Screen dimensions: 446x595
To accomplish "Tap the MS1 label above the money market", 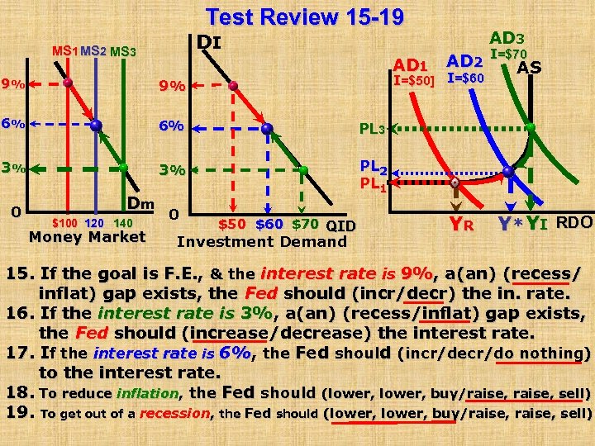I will point(64,51).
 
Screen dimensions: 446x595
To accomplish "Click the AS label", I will point(529,67).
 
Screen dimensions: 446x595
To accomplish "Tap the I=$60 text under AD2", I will point(466,78).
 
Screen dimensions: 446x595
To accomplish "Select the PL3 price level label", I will point(371,129).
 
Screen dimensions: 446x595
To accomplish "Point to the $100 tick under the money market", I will point(65,223).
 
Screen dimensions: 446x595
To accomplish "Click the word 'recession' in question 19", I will point(174,413).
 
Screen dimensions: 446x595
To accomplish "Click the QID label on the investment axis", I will point(340,225).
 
